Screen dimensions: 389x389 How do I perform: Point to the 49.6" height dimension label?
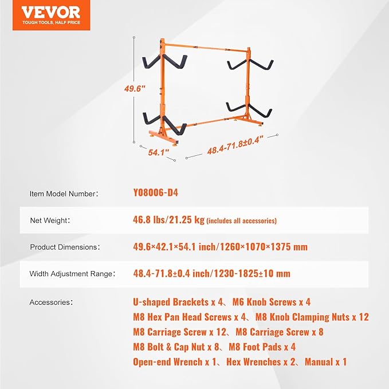pyautogui.click(x=135, y=89)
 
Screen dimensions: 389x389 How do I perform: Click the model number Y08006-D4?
pyautogui.click(x=155, y=193)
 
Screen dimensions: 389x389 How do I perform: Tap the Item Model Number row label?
pyautogui.click(x=64, y=194)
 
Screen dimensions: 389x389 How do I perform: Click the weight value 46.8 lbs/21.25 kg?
pyautogui.click(x=168, y=220)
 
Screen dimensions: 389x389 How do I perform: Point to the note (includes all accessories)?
pyautogui.click(x=241, y=221)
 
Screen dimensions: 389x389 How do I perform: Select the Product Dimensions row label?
pyautogui.click(x=65, y=247)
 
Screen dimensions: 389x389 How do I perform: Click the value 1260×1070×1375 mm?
pyautogui.click(x=263, y=247)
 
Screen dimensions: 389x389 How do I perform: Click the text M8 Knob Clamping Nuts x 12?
pyautogui.click(x=312, y=317)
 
